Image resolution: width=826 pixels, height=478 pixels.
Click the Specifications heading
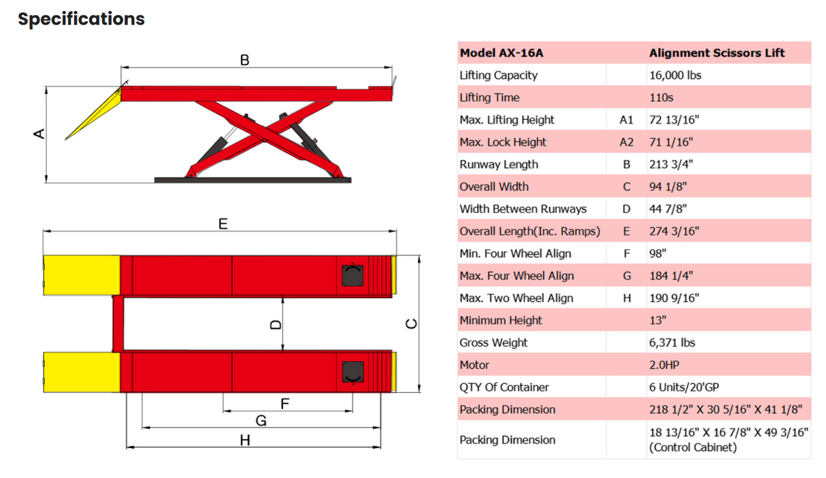click(x=81, y=19)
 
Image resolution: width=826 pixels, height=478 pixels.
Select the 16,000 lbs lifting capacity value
click(x=675, y=76)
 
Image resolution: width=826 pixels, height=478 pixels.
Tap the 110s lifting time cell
click(x=661, y=97)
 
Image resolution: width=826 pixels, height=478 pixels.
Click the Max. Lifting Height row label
click(x=507, y=120)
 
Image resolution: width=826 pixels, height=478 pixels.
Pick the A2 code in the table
click(x=626, y=142)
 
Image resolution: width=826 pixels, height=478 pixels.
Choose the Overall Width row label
click(x=494, y=187)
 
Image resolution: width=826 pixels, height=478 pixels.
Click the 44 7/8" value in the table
click(x=667, y=209)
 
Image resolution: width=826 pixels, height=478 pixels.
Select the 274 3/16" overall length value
click(x=674, y=232)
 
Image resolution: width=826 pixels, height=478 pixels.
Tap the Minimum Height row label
click(x=501, y=320)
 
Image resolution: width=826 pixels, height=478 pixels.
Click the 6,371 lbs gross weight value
click(x=672, y=342)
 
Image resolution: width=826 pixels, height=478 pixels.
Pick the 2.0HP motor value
click(x=664, y=365)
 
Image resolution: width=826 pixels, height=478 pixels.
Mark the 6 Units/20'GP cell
click(x=684, y=387)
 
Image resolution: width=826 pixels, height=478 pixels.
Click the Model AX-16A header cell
click(x=501, y=53)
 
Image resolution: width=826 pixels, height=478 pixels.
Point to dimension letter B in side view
click(x=245, y=60)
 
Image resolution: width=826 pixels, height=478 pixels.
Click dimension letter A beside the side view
click(x=39, y=133)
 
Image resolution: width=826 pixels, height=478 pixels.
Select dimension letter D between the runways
click(x=275, y=325)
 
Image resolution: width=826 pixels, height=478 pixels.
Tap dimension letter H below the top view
click(x=245, y=441)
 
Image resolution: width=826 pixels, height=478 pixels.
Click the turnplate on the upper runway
click(x=352, y=276)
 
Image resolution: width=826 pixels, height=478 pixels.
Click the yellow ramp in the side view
click(x=95, y=113)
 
